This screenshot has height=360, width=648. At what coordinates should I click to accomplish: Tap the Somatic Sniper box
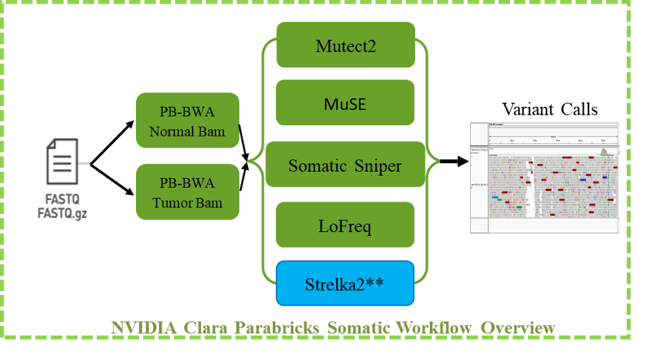tap(345, 164)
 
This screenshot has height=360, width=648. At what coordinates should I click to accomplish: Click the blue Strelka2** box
tap(345, 283)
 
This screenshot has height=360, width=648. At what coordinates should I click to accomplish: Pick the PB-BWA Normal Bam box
tap(187, 120)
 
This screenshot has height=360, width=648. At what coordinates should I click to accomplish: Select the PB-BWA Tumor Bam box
tap(187, 192)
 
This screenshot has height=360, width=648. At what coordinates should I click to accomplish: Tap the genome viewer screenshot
tap(545, 178)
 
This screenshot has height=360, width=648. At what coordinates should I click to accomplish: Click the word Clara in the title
tap(202, 328)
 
